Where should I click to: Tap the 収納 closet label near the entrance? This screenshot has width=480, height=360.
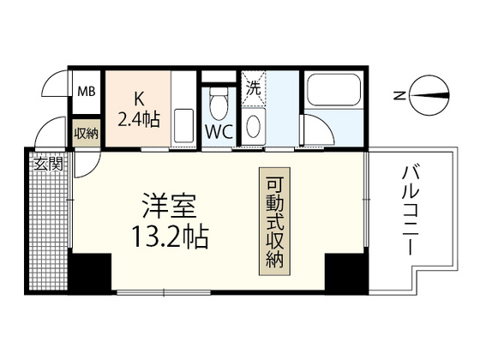(86, 133)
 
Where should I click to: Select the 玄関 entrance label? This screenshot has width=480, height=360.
(49, 164)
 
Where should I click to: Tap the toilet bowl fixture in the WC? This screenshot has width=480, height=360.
(219, 101)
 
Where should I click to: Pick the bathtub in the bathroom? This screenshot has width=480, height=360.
(332, 94)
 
